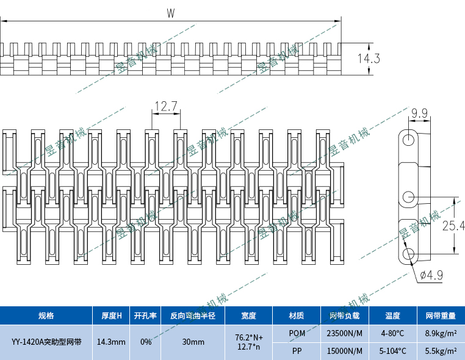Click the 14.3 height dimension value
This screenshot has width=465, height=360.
(x=369, y=59)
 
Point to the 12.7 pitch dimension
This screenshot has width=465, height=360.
(x=165, y=107)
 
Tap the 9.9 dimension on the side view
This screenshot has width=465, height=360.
(x=419, y=113)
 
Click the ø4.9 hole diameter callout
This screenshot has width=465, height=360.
(x=431, y=275)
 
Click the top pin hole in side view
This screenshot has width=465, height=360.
(x=408, y=139)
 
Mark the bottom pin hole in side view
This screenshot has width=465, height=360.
(x=408, y=253)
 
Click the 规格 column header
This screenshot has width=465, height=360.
(x=46, y=315)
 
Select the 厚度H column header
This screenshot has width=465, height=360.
(x=111, y=315)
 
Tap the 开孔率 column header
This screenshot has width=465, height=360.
(x=145, y=315)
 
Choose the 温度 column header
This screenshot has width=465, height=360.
(x=392, y=315)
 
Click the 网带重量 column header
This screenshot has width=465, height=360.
(x=441, y=315)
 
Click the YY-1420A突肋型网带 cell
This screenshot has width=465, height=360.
(x=46, y=342)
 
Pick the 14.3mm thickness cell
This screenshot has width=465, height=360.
(x=111, y=342)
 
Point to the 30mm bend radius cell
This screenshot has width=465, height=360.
(x=193, y=342)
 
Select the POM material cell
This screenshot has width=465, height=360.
(x=297, y=334)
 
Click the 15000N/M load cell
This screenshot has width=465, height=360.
(x=345, y=351)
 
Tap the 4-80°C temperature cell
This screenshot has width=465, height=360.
(x=392, y=334)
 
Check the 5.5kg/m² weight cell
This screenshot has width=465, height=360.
(x=441, y=351)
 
